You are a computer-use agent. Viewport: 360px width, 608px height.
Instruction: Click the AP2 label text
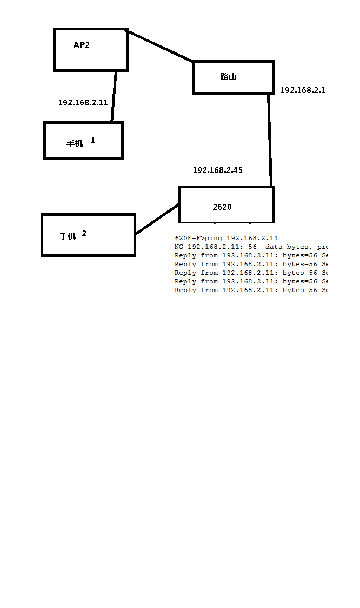tap(82, 45)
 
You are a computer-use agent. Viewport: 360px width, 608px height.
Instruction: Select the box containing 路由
tap(233, 77)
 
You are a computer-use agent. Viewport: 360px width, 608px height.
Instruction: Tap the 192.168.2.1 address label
tap(303, 90)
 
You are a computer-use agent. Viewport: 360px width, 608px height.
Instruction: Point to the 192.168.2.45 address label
tap(218, 170)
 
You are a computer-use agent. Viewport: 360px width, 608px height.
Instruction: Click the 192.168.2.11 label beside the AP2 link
tap(83, 102)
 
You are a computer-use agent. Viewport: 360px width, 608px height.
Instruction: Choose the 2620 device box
tap(226, 204)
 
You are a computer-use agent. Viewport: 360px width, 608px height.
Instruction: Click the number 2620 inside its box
tap(222, 207)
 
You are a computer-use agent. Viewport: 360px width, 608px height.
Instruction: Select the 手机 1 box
tap(83, 141)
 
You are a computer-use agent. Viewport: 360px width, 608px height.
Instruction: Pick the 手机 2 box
tap(88, 235)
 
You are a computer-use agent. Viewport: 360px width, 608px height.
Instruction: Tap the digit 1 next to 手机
tap(92, 141)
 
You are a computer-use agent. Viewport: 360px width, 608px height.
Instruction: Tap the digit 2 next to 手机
tap(84, 234)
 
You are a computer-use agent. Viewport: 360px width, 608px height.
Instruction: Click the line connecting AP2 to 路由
tap(160, 47)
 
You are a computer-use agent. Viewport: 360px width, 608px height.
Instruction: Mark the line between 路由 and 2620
tap(269, 141)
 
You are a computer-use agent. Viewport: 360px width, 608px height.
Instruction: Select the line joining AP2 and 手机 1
tap(114, 97)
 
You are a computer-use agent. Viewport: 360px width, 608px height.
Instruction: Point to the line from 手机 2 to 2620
tap(157, 220)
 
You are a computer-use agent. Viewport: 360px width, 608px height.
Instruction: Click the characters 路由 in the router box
tap(229, 77)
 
